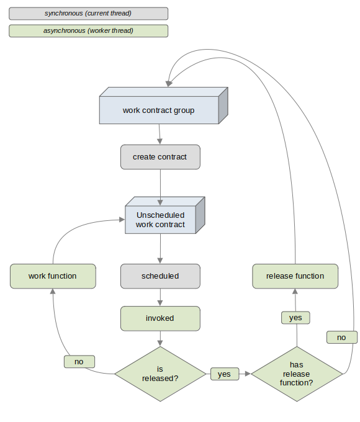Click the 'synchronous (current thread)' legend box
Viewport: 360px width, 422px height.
[88, 14]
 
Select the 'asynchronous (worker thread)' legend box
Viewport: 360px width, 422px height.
[88, 30]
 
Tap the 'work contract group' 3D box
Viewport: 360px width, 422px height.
[164, 105]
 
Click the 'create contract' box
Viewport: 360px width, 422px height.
[160, 157]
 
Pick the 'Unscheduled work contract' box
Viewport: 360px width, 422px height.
[165, 215]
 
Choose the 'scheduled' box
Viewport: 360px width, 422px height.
[160, 276]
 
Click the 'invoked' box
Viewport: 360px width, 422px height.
[160, 318]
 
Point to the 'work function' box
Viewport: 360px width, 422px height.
[53, 276]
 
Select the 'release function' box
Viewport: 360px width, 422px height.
[295, 276]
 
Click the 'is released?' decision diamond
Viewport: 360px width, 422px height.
[160, 374]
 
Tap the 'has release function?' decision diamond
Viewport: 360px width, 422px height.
[297, 374]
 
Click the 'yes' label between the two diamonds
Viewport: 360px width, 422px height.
[225, 374]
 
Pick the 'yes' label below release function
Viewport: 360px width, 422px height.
[295, 318]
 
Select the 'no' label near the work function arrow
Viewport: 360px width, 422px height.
[79, 361]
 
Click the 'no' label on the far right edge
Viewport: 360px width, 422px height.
[342, 337]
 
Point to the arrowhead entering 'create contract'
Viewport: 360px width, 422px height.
[160, 141]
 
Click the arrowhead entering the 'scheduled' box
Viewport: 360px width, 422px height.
[160, 261]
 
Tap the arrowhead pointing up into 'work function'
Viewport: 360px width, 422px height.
[53, 292]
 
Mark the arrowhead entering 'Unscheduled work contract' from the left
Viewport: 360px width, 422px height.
[122, 220]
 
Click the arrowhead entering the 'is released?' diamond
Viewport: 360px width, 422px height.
[160, 343]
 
